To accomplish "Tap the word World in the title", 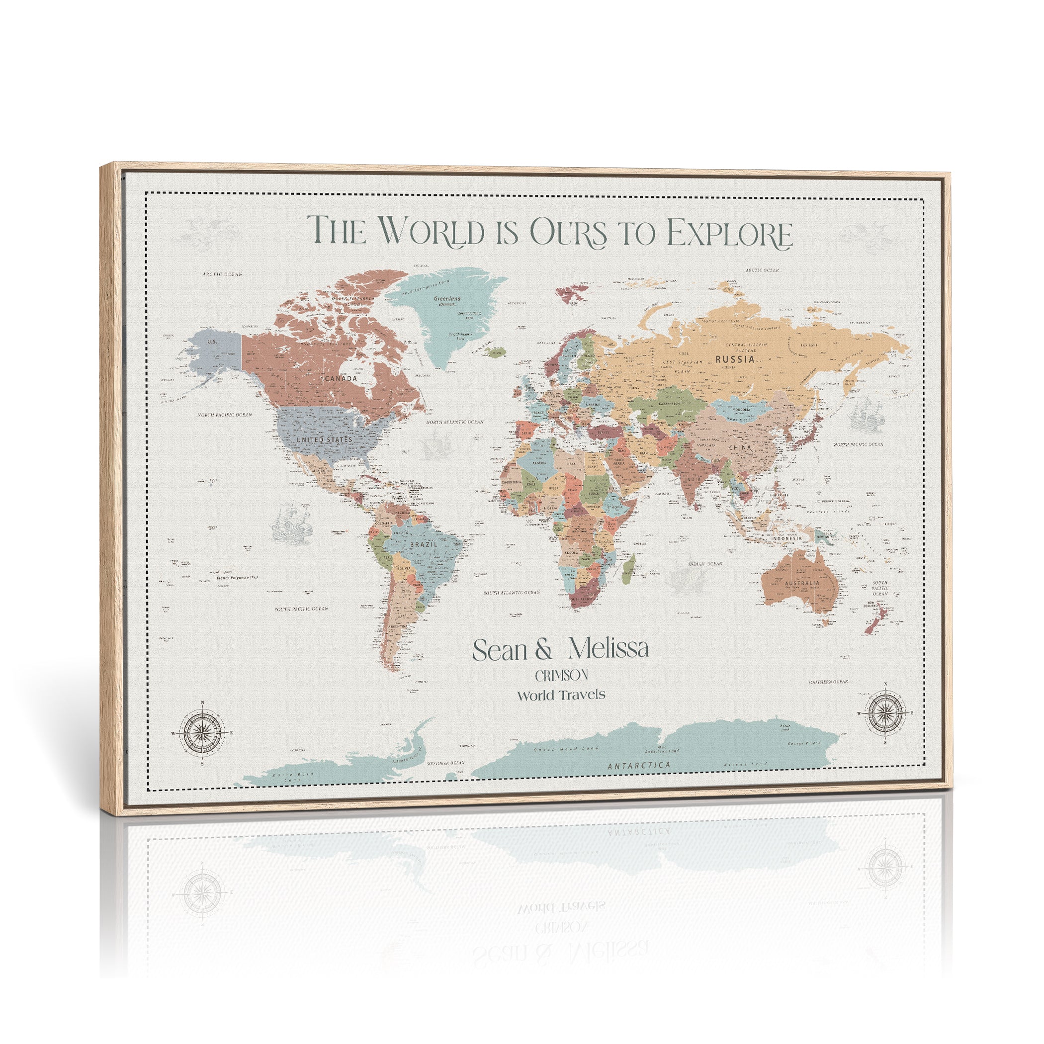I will click(x=430, y=231).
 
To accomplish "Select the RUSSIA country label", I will click(x=735, y=359).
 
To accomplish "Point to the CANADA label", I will click(x=341, y=378).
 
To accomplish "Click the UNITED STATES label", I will click(x=324, y=440).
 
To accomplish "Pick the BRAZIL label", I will click(x=424, y=544).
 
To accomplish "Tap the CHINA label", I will click(x=740, y=447).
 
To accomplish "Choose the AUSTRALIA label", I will click(x=802, y=583).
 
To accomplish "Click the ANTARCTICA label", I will click(x=639, y=765).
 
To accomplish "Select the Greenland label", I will click(x=447, y=298).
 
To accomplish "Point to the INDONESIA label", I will click(x=787, y=538).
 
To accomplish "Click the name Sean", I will click(x=500, y=651).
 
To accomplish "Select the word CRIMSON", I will click(x=561, y=676).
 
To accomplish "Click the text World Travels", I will click(x=561, y=695).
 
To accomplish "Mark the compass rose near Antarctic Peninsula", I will click(x=202, y=733).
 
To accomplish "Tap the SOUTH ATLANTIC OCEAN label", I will click(x=511, y=592).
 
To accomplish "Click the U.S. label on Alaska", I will click(x=212, y=342).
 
